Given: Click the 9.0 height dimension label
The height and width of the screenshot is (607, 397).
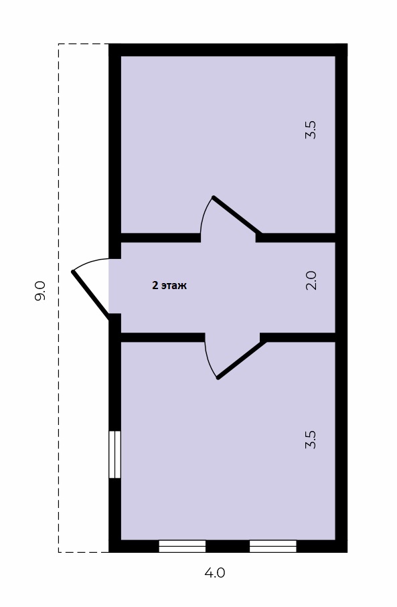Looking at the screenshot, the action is click(x=40, y=290).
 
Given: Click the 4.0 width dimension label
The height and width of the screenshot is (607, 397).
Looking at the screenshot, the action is click(x=215, y=573).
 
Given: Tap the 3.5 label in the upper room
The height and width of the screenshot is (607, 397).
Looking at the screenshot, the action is click(x=311, y=130).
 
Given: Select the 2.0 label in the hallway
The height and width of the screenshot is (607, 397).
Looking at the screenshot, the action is click(x=311, y=280).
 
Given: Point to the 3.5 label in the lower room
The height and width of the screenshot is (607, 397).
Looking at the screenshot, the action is click(x=311, y=440).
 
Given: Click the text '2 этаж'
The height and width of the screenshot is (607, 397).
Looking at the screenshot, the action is click(x=169, y=286).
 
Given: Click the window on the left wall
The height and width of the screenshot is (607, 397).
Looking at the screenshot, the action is click(x=114, y=454).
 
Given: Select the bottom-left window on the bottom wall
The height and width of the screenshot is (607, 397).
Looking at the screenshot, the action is click(x=182, y=546).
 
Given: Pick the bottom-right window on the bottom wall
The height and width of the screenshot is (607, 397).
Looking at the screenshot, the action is click(x=273, y=546).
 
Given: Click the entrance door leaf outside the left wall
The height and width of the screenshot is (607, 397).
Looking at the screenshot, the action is click(x=91, y=296).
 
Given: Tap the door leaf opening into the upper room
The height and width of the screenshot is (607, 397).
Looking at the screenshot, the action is click(x=236, y=215).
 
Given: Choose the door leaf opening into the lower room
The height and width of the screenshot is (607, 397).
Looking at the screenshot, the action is click(x=241, y=359).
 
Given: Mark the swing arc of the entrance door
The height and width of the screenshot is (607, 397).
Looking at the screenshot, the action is click(x=90, y=261).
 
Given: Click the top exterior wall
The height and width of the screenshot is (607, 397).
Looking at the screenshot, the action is click(x=228, y=50).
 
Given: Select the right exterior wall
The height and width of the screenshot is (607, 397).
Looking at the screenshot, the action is click(x=341, y=298).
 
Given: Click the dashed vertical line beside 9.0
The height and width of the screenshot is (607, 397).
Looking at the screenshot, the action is click(x=58, y=298).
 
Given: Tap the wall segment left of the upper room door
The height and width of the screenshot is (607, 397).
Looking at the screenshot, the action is click(x=161, y=238).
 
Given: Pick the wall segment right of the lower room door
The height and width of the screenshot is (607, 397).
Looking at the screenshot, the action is click(x=297, y=337).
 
